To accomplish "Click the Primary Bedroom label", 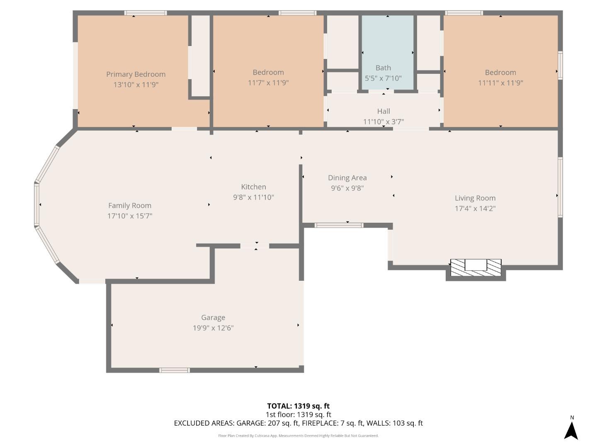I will coord(136,74).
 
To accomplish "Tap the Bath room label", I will coord(383,68).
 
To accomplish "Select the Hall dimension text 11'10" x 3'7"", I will coord(383,122).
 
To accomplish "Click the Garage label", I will coord(213,317).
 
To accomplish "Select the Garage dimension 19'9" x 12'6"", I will coord(213,328).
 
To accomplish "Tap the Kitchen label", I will coord(253,187).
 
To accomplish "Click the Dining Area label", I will coord(347,178).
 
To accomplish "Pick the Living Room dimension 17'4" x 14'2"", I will coord(475,208).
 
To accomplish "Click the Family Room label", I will coord(130,205).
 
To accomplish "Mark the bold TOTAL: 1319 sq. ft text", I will coord(298,406).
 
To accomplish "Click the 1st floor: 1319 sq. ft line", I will coord(298,414).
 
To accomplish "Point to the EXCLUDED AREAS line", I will coord(298,423).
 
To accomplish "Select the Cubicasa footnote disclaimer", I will coord(298,436).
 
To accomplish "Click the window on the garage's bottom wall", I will coord(175,370).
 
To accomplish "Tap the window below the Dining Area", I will coord(339,225).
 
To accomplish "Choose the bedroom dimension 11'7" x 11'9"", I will coord(268,83).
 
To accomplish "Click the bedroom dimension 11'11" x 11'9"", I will coord(500,83).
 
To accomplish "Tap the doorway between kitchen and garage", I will coord(255,246).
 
